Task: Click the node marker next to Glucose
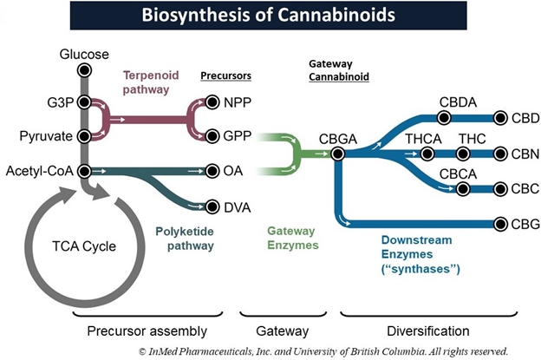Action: (x=84, y=69)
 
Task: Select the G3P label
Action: (x=63, y=101)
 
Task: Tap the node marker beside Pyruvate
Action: (x=84, y=136)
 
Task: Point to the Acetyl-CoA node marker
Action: (x=84, y=171)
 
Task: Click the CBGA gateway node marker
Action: (x=338, y=154)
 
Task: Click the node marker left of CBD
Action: (x=500, y=117)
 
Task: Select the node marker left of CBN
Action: (x=500, y=154)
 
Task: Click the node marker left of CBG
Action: (x=500, y=224)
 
